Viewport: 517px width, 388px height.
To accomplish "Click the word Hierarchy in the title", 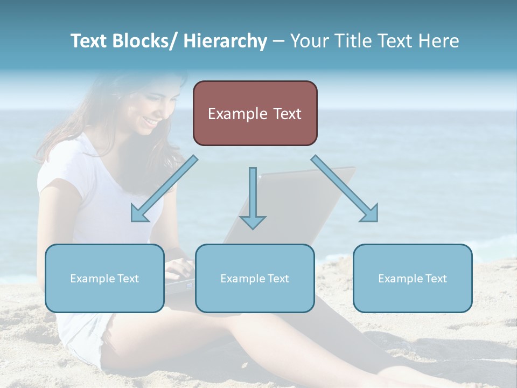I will click(x=225, y=41).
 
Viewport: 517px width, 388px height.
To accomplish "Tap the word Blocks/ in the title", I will click(x=145, y=41).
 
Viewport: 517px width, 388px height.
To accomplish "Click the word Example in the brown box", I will click(x=229, y=114).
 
